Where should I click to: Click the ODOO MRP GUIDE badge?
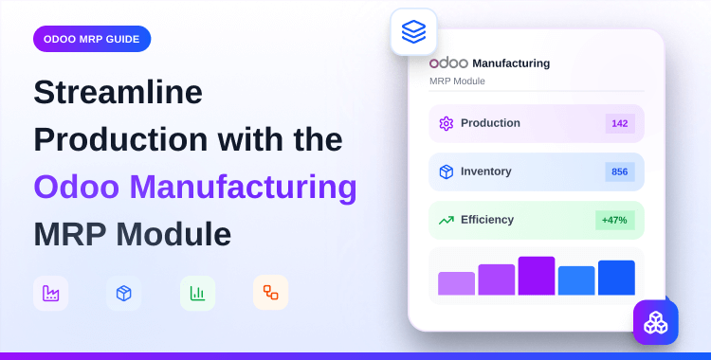(x=91, y=39)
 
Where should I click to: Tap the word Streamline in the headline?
(x=118, y=92)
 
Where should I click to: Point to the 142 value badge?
(x=620, y=123)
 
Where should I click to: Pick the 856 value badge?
(x=620, y=171)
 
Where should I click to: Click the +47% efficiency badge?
(x=615, y=220)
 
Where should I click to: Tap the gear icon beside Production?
(x=447, y=123)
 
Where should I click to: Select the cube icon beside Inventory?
(x=447, y=171)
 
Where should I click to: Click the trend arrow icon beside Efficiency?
(x=447, y=220)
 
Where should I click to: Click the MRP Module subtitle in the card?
(x=457, y=81)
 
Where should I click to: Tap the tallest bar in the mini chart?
(x=537, y=276)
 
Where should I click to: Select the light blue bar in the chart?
(x=576, y=280)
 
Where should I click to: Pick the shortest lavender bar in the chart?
(x=456, y=283)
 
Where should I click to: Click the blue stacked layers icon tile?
(x=413, y=32)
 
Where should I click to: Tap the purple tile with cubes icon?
(x=656, y=322)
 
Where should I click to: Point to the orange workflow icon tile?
(x=270, y=293)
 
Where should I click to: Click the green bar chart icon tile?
(x=197, y=294)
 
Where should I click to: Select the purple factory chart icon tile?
(x=51, y=294)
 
